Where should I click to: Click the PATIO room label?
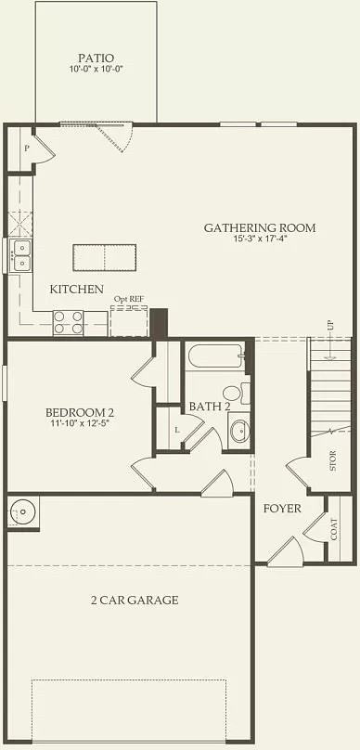(96, 57)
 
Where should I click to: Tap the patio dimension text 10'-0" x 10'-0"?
(96, 70)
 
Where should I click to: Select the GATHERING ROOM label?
(260, 227)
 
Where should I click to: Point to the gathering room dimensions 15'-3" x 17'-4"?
(260, 240)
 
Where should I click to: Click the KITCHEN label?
(77, 289)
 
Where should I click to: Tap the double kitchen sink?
(19, 255)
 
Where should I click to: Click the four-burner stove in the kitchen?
(68, 322)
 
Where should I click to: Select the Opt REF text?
(129, 299)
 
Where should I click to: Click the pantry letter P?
(27, 149)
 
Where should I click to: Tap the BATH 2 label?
(205, 406)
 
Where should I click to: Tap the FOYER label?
(281, 508)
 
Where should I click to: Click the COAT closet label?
(334, 529)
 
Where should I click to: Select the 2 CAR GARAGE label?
(135, 600)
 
